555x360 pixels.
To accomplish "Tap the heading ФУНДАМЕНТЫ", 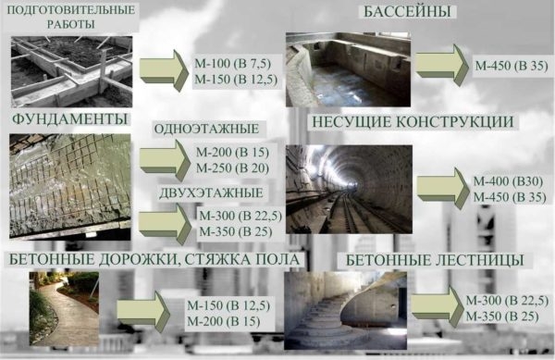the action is pyautogui.click(x=69, y=121).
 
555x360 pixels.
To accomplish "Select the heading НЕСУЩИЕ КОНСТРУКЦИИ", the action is pyautogui.click(x=401, y=122).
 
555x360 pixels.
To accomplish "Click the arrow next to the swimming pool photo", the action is pyautogui.click(x=441, y=65).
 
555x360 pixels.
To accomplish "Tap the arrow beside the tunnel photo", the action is pyautogui.click(x=441, y=185).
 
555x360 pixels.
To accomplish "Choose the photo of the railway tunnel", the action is pyautogui.click(x=347, y=187).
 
